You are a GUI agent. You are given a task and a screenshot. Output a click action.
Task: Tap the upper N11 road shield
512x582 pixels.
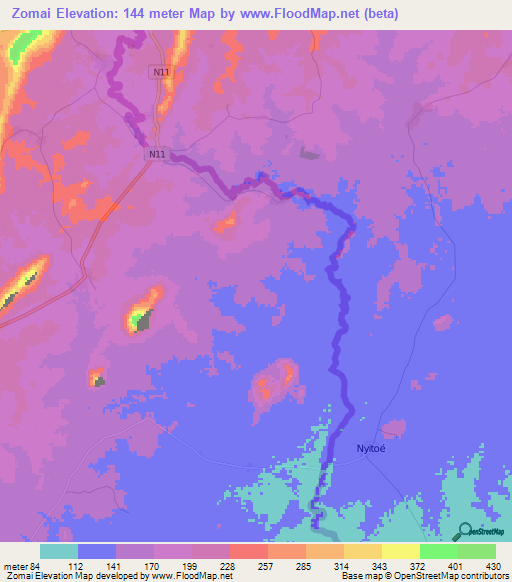tap(160, 72)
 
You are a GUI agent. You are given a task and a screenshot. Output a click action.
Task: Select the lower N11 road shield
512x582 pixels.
tap(157, 154)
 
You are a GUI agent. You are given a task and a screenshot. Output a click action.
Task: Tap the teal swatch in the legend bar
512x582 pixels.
tap(59, 551)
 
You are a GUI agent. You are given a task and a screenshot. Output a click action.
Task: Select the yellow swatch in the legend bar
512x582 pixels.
tap(401, 551)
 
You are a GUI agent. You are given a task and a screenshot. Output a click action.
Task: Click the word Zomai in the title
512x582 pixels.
tap(30, 14)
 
